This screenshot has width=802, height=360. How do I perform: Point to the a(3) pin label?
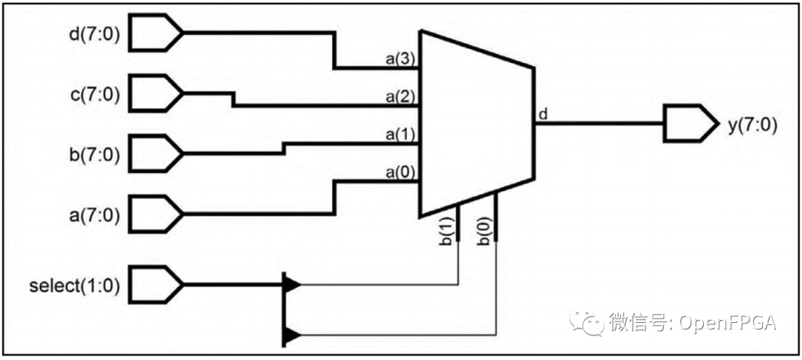[400, 59]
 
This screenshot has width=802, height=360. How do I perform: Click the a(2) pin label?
[400, 97]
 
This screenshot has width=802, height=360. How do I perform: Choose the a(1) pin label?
[400, 135]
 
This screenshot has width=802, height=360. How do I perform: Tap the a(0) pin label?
[400, 173]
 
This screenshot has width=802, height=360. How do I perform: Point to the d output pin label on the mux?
[543, 114]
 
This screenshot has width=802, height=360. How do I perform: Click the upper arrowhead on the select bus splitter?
[293, 284]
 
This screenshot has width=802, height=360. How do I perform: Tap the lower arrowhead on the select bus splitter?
[293, 336]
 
